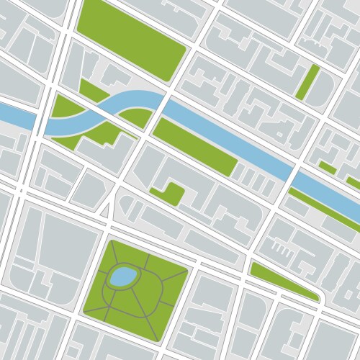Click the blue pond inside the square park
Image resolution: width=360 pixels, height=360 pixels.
[122, 276]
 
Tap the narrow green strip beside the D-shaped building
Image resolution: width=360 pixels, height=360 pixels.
[308, 81]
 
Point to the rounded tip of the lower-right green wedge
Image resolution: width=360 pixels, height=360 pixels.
[316, 297]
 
